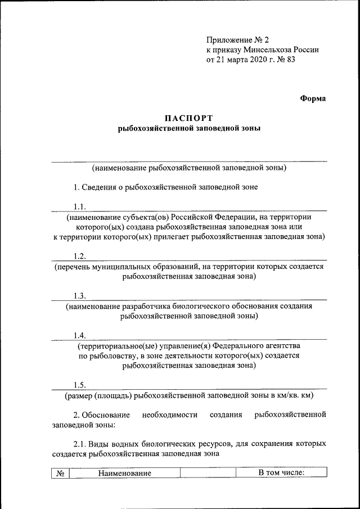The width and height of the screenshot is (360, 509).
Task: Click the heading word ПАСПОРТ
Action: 190,118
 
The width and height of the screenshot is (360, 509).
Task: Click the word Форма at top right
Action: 312,98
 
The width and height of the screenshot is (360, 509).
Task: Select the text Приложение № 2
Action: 230,39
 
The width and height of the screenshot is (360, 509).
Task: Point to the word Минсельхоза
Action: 263,49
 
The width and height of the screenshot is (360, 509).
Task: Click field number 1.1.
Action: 80,206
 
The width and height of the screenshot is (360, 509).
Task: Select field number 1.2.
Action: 80,256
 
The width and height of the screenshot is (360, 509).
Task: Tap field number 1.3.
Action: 80,296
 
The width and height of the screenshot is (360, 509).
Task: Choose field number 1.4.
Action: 80,335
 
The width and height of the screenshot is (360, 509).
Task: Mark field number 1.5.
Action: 80,385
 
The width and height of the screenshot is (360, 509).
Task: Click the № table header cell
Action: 60,474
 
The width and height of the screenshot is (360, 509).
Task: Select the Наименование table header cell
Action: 125,474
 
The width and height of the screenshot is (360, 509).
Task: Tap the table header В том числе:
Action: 281,474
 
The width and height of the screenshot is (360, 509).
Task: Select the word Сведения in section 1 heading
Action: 101,187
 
